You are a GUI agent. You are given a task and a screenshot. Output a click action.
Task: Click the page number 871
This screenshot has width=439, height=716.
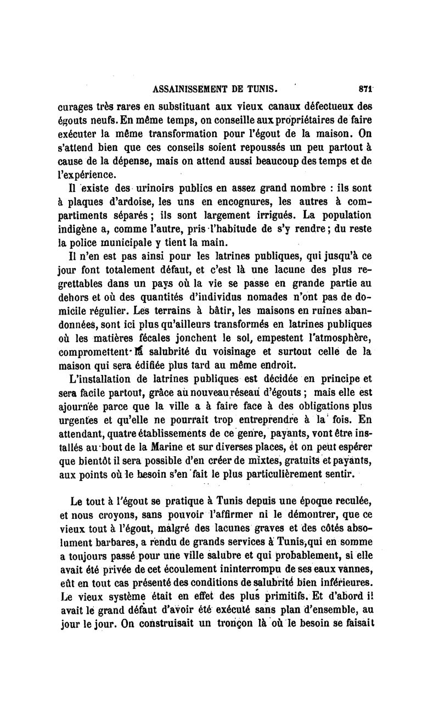coord(365,87)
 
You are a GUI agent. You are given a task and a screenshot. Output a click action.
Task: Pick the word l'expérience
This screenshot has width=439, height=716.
coord(87,175)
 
